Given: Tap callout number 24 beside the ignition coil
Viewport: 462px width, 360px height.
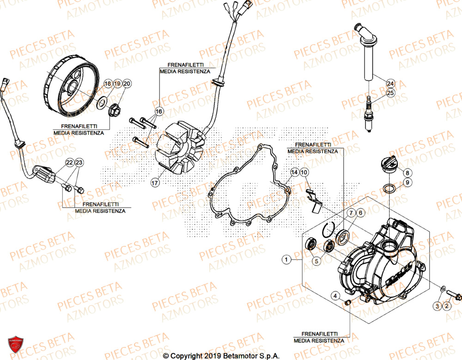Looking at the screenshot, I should [x=391, y=84].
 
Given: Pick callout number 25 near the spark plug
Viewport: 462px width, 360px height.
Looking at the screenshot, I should [x=391, y=93].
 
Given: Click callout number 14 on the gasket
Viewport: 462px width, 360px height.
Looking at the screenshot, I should [x=294, y=173].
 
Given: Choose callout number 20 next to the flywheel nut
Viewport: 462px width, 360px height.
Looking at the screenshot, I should [x=127, y=84].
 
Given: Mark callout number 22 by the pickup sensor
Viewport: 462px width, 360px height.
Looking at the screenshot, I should [x=69, y=162].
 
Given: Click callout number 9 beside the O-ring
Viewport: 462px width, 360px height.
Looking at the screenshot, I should [x=407, y=182].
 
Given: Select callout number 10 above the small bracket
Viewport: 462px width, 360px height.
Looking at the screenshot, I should [x=304, y=173].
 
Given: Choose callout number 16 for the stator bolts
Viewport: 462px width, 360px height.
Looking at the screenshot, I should [x=159, y=112].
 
